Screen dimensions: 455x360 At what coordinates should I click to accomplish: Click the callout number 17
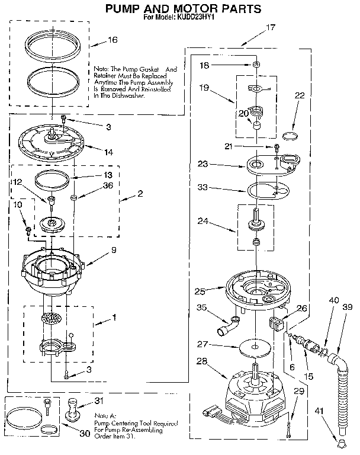click(271, 27)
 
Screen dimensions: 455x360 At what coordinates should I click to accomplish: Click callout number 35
click(201, 307)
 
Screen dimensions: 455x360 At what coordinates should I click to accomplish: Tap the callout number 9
click(114, 250)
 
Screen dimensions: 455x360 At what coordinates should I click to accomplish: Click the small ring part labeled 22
click(290, 137)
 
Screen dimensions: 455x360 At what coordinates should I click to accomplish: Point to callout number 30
click(84, 433)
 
